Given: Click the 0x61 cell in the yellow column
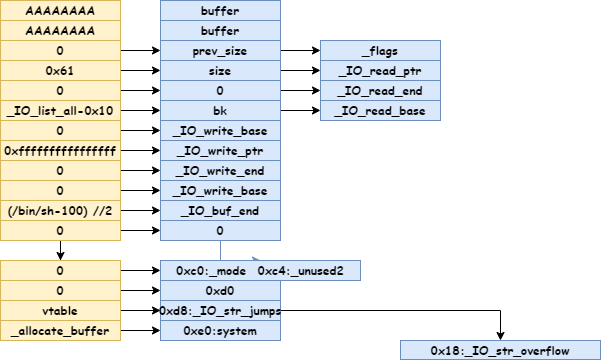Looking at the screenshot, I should coord(60,70).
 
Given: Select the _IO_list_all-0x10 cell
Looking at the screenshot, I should coord(60,110).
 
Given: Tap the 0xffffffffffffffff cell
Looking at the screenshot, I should coord(60,150).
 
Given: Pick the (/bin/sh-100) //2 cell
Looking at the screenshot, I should coord(60,210).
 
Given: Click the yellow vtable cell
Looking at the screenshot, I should coord(60,310).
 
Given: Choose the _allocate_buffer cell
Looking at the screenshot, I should coord(60,330).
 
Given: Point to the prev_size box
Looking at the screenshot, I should coord(220,50).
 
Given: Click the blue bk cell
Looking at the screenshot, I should coord(220,110).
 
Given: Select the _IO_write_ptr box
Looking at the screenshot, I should coord(220,150).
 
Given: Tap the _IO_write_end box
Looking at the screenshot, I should coord(220,170).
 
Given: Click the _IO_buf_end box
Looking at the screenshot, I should coord(220,210).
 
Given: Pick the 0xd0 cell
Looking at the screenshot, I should coord(220,290).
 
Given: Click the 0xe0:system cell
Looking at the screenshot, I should coord(220,330).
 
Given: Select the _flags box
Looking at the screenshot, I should coord(380,50).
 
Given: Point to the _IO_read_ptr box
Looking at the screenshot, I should coord(380,70).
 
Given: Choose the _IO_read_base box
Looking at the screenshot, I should coord(380,110).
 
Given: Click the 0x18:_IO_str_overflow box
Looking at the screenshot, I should coord(500,350).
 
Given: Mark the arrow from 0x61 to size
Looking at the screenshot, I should coord(140,70).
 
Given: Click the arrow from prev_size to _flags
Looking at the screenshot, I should coord(300,50).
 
